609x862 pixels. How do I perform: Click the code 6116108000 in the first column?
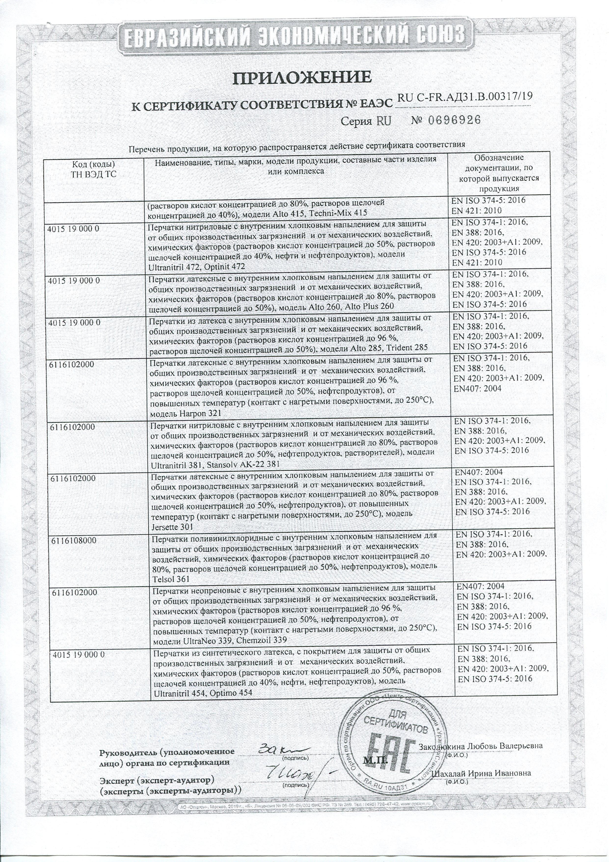[x=73, y=541]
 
